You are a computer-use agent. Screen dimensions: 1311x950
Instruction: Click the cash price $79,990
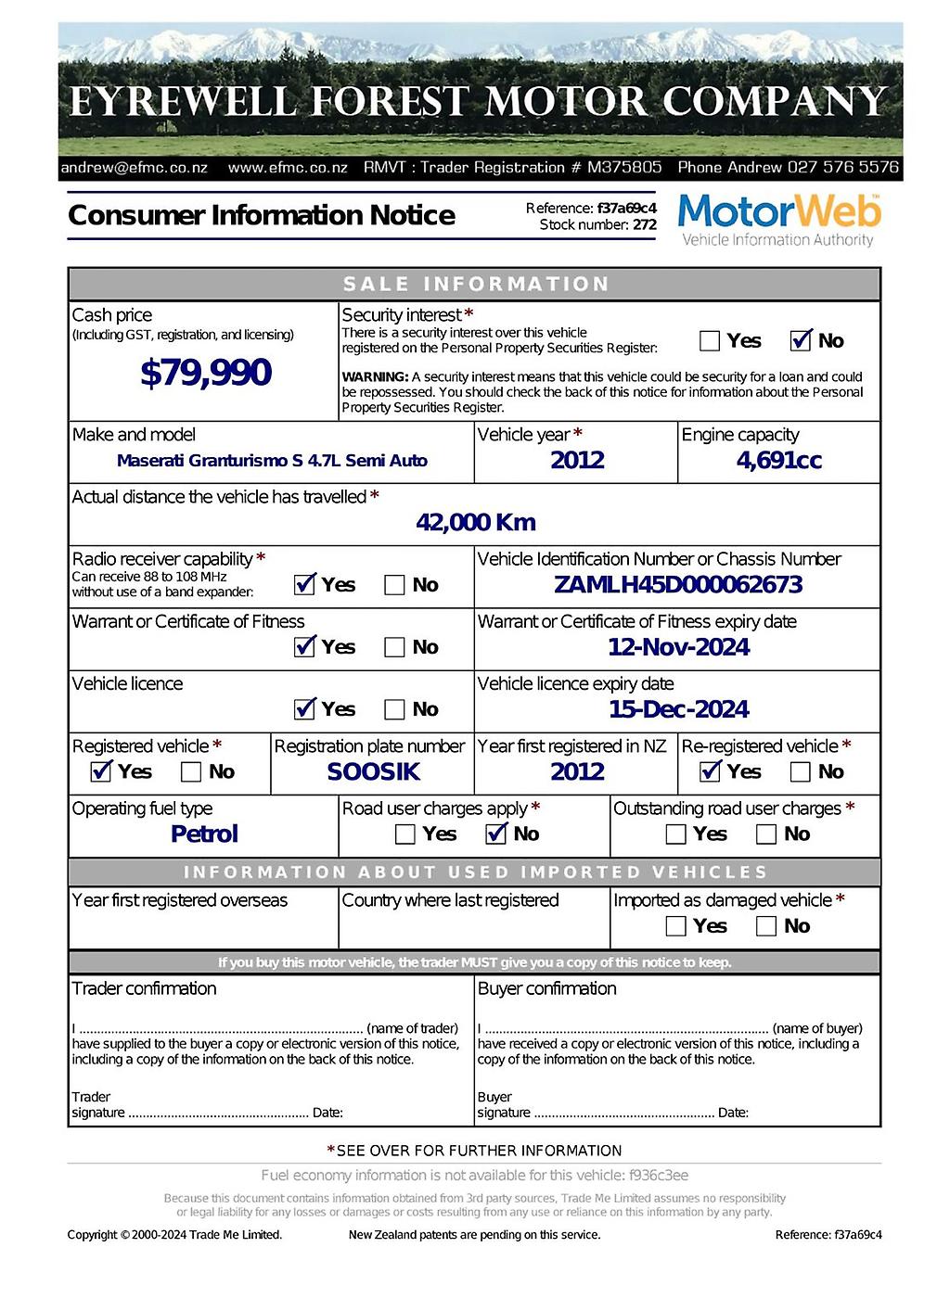click(205, 373)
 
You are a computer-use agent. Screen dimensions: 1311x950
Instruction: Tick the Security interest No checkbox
click(801, 341)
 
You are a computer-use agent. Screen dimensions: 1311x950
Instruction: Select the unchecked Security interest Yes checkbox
click(710, 341)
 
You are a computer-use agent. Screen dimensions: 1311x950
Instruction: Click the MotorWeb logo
click(778, 220)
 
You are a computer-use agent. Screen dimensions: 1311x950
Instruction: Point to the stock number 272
click(645, 224)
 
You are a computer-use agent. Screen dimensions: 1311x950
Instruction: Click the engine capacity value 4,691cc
click(778, 461)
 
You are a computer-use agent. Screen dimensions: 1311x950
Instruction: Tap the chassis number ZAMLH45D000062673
click(678, 585)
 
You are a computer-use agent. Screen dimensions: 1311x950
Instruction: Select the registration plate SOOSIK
click(373, 771)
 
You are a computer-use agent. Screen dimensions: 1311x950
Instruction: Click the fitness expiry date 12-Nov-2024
click(678, 647)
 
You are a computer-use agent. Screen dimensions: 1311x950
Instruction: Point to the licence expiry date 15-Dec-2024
click(678, 709)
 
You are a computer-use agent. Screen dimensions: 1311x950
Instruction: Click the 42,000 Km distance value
click(475, 523)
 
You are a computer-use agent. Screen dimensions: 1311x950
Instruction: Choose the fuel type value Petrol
click(204, 834)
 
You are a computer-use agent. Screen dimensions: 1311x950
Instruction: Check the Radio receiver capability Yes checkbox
click(304, 585)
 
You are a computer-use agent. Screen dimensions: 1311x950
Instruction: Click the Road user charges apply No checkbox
click(496, 834)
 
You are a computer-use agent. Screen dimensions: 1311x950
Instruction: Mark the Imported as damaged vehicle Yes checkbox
click(676, 926)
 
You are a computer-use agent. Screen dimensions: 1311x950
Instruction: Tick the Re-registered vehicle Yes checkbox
click(711, 771)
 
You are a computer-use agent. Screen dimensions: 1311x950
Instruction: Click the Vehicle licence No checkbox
click(394, 710)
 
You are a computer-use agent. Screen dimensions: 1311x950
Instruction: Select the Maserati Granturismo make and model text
click(272, 461)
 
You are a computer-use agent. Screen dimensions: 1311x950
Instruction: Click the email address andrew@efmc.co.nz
click(134, 168)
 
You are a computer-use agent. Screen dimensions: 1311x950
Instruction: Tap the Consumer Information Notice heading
click(262, 215)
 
